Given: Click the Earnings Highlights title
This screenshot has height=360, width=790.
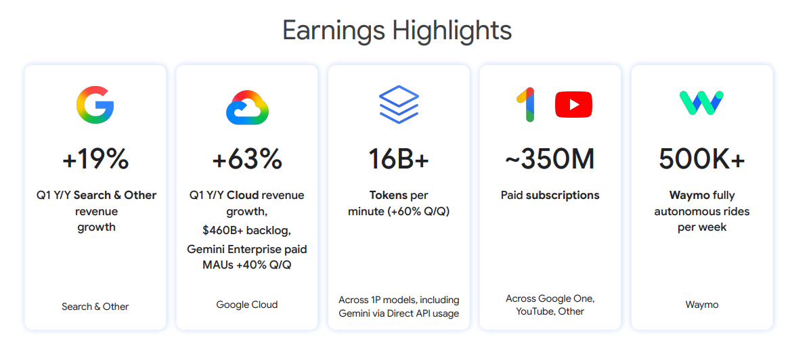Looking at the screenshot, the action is (397, 30).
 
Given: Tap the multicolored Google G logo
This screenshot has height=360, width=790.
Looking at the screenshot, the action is (95, 106).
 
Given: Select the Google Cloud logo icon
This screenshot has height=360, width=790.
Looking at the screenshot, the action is (247, 107).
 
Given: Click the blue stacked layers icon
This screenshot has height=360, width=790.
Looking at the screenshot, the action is (399, 105).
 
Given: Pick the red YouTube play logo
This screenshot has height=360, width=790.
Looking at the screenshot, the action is (573, 105).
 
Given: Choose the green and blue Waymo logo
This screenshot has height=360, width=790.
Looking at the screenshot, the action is (702, 103).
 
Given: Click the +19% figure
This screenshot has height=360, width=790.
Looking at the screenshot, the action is (95, 159).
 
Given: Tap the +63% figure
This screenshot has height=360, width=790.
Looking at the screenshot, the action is (247, 159).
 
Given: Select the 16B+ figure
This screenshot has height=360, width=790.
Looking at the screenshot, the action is (399, 159).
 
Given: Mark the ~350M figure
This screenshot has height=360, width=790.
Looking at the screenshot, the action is (550, 159).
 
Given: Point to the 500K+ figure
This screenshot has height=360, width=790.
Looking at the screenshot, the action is (702, 159).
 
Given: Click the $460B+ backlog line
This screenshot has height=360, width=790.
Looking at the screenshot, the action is (247, 231).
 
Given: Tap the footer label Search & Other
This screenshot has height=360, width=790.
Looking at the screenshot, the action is (95, 306).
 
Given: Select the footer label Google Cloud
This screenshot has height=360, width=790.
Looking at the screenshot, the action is (247, 305).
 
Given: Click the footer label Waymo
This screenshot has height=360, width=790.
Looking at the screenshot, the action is (702, 305).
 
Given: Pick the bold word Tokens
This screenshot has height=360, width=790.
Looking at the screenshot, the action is (389, 196).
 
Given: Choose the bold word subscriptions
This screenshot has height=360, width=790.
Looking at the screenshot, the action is (563, 196).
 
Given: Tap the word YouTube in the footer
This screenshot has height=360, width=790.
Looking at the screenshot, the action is (535, 311).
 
